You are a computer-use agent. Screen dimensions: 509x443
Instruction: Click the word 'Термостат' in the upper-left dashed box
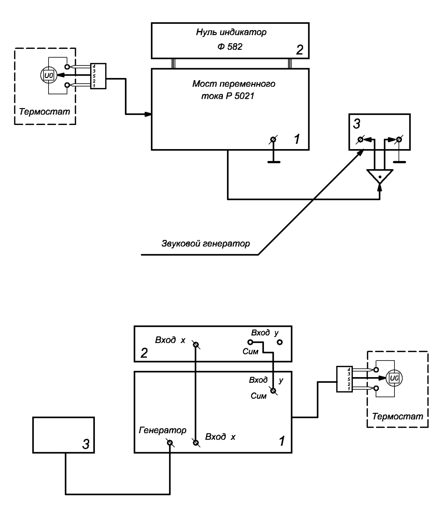[x=45, y=112]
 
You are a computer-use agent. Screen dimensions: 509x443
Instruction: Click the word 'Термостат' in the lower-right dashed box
[x=397, y=416]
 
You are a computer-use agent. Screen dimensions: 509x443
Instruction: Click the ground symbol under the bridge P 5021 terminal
[x=274, y=162]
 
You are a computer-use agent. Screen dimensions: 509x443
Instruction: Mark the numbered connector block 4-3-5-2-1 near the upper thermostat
[x=98, y=76]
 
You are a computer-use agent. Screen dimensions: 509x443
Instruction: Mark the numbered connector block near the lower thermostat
[x=345, y=379]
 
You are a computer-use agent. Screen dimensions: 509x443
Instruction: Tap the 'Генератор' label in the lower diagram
[x=163, y=430]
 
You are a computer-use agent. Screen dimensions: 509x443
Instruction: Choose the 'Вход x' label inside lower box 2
[x=170, y=340]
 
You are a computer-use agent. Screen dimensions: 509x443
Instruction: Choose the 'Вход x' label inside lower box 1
[x=220, y=437]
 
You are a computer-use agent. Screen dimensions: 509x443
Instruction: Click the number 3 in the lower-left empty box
[x=86, y=445]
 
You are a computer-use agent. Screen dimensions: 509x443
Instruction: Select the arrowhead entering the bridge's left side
[x=148, y=115]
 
